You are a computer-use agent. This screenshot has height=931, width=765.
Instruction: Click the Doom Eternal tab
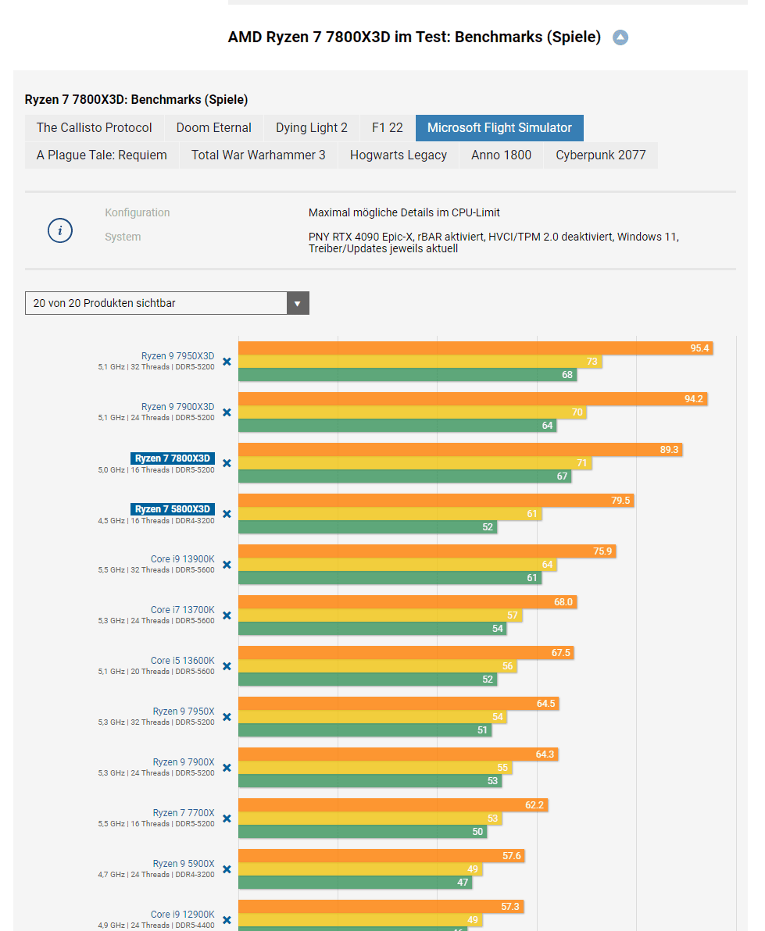(213, 128)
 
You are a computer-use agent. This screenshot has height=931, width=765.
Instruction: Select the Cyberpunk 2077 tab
(600, 155)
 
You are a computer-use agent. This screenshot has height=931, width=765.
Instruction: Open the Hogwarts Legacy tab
(398, 155)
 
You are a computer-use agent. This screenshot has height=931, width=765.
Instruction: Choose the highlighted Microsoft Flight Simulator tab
(499, 128)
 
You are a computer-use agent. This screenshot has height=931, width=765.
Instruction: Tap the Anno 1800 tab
(501, 155)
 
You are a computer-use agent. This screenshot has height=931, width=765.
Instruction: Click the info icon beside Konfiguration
(60, 231)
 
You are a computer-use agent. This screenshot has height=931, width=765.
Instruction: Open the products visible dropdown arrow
(297, 303)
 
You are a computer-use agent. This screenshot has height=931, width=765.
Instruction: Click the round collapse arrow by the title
(620, 37)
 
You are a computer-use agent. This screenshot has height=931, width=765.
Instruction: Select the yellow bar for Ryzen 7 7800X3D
(414, 463)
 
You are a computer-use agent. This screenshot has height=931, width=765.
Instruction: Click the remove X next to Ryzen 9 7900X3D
(227, 412)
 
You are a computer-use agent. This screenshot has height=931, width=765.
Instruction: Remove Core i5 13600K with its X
(227, 666)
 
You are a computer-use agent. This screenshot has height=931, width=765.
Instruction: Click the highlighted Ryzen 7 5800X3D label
(172, 509)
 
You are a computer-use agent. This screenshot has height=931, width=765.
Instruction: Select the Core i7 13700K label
(182, 610)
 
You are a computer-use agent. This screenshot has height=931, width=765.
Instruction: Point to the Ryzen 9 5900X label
(183, 864)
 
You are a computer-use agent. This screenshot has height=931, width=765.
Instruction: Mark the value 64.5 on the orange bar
(545, 704)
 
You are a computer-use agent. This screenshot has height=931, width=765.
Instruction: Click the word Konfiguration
(138, 212)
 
